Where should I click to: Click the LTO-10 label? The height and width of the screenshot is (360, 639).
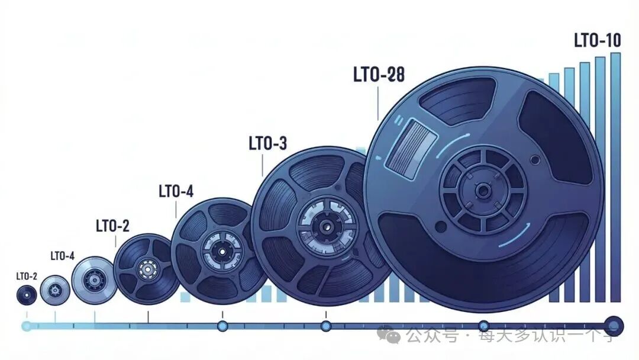pyautogui.click(x=598, y=40)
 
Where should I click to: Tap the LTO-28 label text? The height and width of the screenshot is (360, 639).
pyautogui.click(x=379, y=75)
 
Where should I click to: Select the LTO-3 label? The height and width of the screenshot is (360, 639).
pyautogui.click(x=268, y=143)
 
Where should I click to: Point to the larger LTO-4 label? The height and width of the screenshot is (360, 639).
pyautogui.click(x=176, y=191)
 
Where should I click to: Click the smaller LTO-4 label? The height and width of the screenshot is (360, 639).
pyautogui.click(x=62, y=256)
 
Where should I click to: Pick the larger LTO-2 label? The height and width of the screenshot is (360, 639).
pyautogui.click(x=112, y=226)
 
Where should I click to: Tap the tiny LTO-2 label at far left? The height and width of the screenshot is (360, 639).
pyautogui.click(x=27, y=277)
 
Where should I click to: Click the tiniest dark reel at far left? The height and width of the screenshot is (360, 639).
pyautogui.click(x=27, y=295)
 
